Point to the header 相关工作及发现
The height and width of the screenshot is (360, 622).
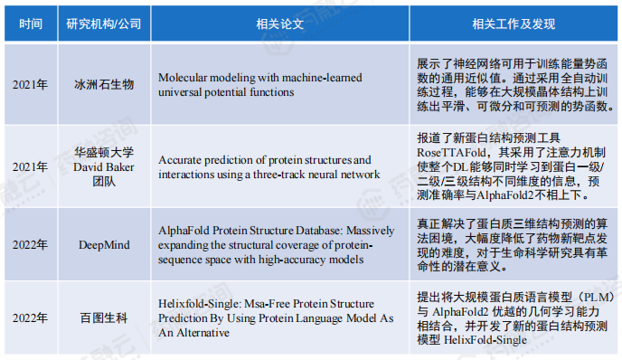[x=511, y=23]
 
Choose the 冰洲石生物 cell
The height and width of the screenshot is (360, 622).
[x=103, y=84]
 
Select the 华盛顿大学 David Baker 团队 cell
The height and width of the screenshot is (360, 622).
[x=103, y=166]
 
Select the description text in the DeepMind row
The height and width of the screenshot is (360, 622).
[x=511, y=245]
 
